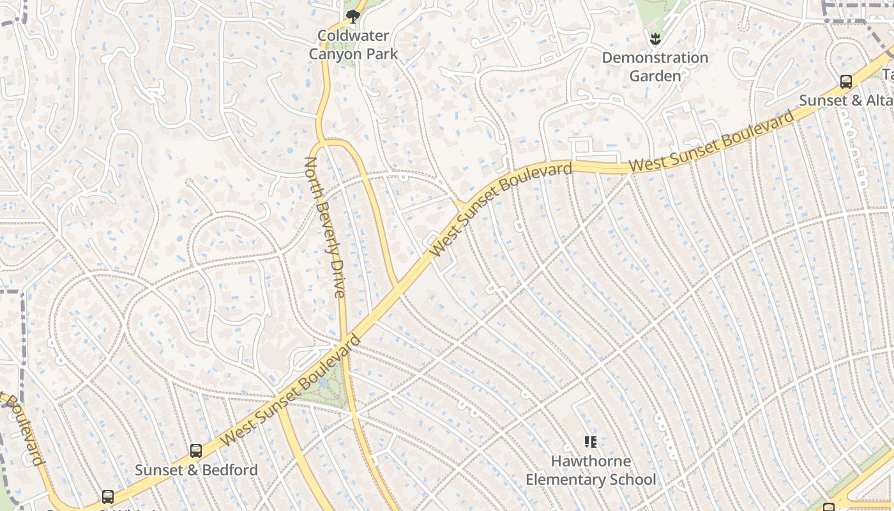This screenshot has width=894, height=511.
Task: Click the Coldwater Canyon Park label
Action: [x=353, y=45]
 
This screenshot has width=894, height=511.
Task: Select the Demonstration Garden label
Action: [x=655, y=66]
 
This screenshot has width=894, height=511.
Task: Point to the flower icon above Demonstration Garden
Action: [x=655, y=40]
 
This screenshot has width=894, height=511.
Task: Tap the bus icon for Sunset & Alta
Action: [x=846, y=82]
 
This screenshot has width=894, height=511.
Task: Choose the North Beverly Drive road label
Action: [x=325, y=227]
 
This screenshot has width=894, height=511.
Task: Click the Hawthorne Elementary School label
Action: [x=591, y=470]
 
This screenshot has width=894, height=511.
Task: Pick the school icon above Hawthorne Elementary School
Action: [x=591, y=441]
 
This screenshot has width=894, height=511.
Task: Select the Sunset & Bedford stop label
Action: [x=196, y=470]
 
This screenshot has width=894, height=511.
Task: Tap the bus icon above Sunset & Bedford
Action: [x=196, y=451]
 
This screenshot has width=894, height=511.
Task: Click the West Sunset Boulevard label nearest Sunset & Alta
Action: [x=712, y=141]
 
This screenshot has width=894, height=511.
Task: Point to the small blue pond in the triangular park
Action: [x=325, y=383]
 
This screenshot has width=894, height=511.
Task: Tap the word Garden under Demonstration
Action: [x=655, y=76]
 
